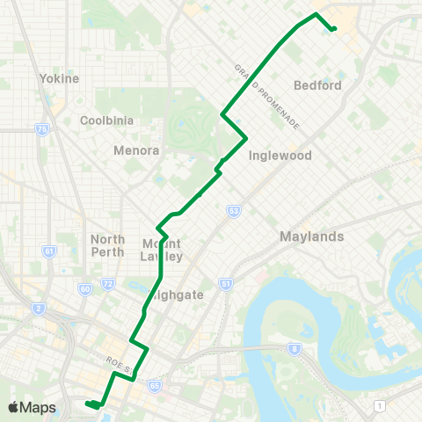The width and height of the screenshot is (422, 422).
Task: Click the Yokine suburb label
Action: pos(60,78)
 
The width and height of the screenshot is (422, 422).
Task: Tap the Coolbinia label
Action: pos(105,120)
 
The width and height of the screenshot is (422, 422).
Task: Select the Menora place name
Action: pos(136,150)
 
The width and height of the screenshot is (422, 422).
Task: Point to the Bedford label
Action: pos(319,85)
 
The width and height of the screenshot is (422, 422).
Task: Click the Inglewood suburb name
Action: pos(280,156)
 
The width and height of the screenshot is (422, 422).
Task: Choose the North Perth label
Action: pos(108,245)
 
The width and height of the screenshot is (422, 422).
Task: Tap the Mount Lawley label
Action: pos(162,250)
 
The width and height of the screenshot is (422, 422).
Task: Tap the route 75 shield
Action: pos(41,129)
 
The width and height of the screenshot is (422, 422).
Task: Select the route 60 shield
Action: pos(84,287)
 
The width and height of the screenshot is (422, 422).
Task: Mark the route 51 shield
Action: pos(226,284)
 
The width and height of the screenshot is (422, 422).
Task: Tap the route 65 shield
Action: pos(155,384)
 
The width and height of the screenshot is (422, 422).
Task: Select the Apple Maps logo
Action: pos(32,407)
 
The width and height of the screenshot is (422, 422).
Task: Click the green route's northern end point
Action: pos(334,29)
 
